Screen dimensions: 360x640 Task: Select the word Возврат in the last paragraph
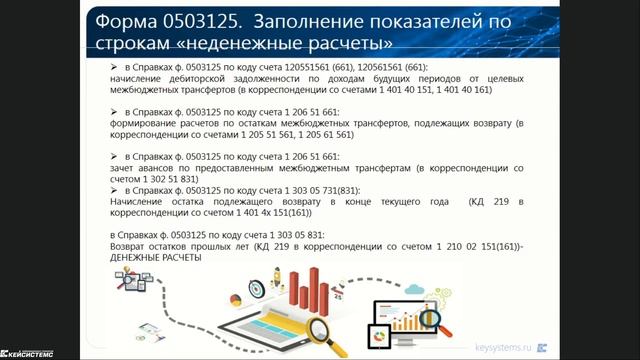pyautogui.click(x=130, y=246)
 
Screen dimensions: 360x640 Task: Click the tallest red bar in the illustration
pyautogui.click(x=313, y=294)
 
